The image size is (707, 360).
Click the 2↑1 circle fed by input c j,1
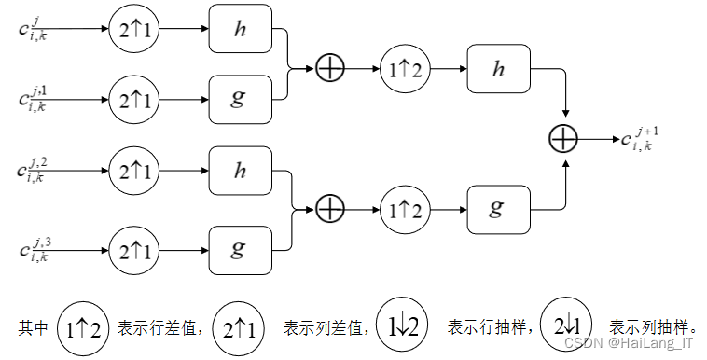coord(134,96)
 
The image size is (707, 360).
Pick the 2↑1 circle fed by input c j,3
coord(134,249)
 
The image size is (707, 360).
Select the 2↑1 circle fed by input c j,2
coord(134,172)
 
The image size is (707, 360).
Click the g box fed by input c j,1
coord(239,96)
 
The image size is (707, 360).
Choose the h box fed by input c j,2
coord(239,172)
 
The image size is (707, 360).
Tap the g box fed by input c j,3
coord(239,249)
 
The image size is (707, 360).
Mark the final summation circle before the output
coord(565,139)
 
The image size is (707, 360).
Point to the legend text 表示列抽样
coord(653,328)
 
